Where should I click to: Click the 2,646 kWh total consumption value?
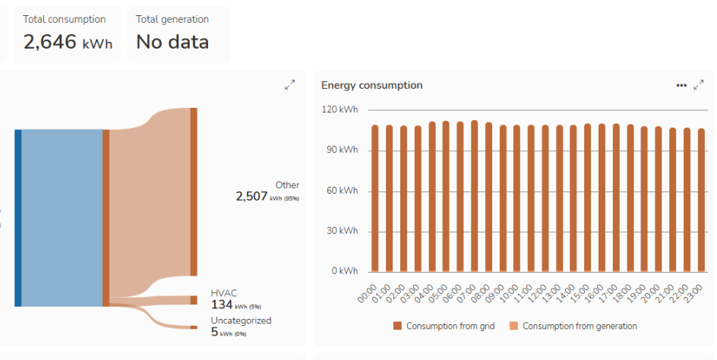tap(68, 42)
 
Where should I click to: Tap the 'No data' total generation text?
tap(172, 42)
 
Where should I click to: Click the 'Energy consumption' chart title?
tap(371, 86)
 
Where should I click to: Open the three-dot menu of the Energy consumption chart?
tap(681, 86)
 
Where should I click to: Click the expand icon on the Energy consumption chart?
tap(699, 86)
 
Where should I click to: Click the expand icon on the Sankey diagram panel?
tap(289, 86)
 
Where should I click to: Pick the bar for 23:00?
tap(700, 200)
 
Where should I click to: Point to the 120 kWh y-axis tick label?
tap(339, 110)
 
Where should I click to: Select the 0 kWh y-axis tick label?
tap(344, 271)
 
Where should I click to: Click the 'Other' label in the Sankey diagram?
tap(287, 185)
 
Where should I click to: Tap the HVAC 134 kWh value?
tap(222, 305)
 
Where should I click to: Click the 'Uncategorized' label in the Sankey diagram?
tap(241, 321)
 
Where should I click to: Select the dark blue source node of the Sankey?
tap(17, 218)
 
